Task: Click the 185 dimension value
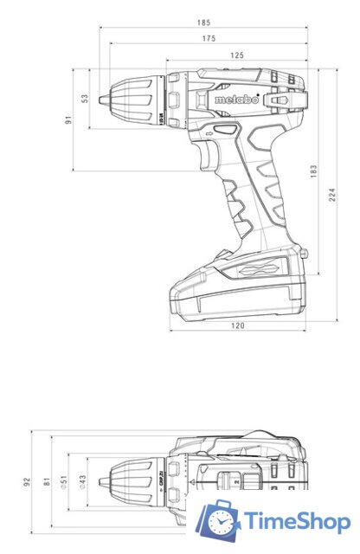[203, 22]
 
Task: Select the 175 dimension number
[208, 38]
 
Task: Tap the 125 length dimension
[235, 55]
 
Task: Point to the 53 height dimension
[85, 99]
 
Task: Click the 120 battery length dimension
[237, 325]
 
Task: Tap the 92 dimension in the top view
[27, 480]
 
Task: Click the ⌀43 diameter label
[83, 481]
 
